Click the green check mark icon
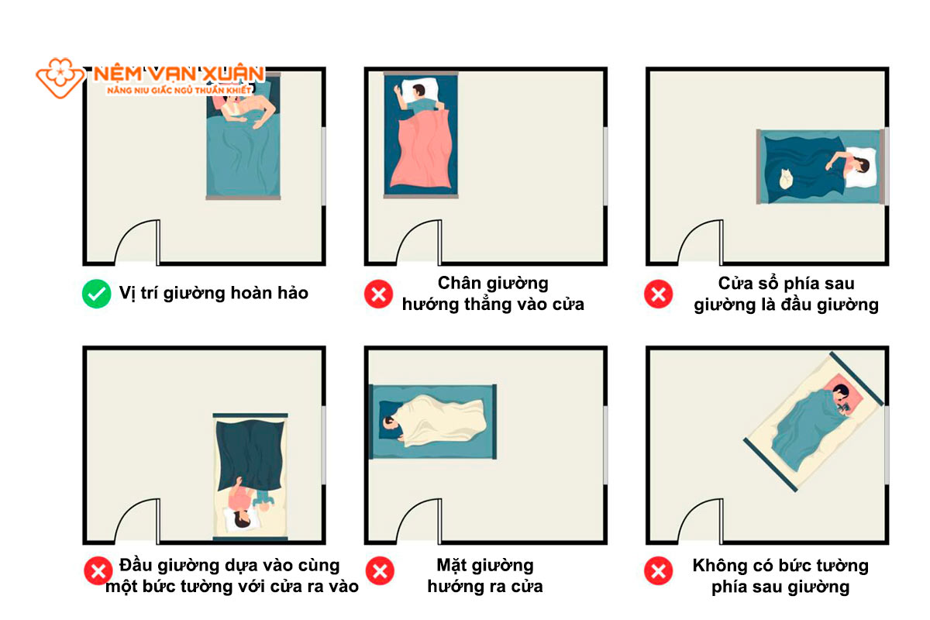pyautogui.click(x=96, y=293)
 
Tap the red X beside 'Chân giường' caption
pyautogui.click(x=379, y=293)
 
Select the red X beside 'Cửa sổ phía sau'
pyautogui.click(x=658, y=293)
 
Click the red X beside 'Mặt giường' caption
pyautogui.click(x=379, y=571)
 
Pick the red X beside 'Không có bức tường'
pyautogui.click(x=658, y=571)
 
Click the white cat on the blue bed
pyautogui.click(x=785, y=180)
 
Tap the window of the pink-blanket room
pyautogui.click(x=605, y=166)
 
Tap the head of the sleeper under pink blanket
pyautogui.click(x=417, y=92)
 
